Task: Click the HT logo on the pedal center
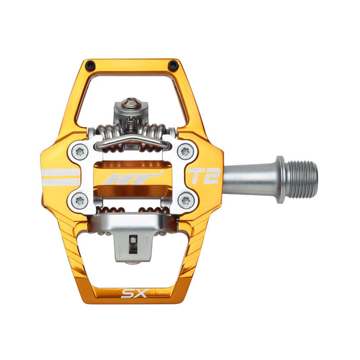coord(134,179)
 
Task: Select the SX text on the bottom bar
coord(132,294)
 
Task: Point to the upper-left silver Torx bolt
coord(80,153)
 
